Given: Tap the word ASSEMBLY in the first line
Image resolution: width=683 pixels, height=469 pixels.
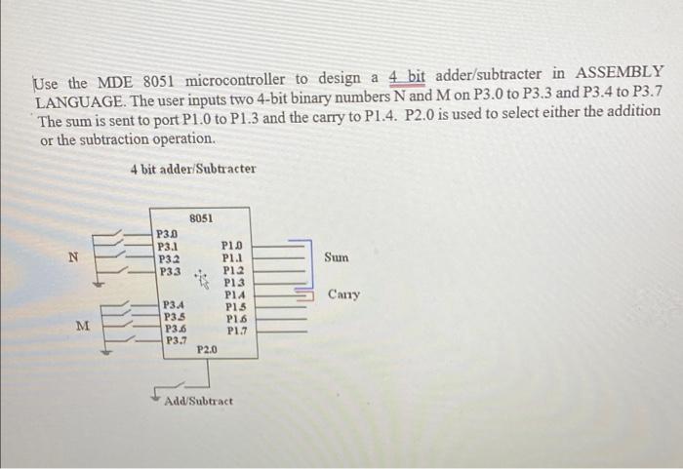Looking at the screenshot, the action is [x=619, y=74].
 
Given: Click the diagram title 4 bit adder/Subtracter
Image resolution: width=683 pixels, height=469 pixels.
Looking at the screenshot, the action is [x=192, y=168].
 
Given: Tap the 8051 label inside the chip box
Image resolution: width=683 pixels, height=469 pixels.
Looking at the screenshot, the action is [x=202, y=218].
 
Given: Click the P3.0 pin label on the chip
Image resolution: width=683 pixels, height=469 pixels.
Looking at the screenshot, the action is [x=168, y=234].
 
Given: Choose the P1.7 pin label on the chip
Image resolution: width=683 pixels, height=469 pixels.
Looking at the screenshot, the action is [x=236, y=331].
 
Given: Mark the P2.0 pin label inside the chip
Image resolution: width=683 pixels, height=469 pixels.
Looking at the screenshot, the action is [x=207, y=348].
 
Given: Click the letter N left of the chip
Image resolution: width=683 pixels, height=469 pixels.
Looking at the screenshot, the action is [x=70, y=257].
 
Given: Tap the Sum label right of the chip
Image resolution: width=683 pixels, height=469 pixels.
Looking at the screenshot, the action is [x=337, y=258].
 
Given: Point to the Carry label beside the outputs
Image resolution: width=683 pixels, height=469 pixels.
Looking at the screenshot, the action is [x=343, y=294].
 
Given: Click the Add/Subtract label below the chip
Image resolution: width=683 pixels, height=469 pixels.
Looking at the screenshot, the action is [x=199, y=402].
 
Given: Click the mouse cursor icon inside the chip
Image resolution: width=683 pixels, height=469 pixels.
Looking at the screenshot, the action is [x=203, y=280].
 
